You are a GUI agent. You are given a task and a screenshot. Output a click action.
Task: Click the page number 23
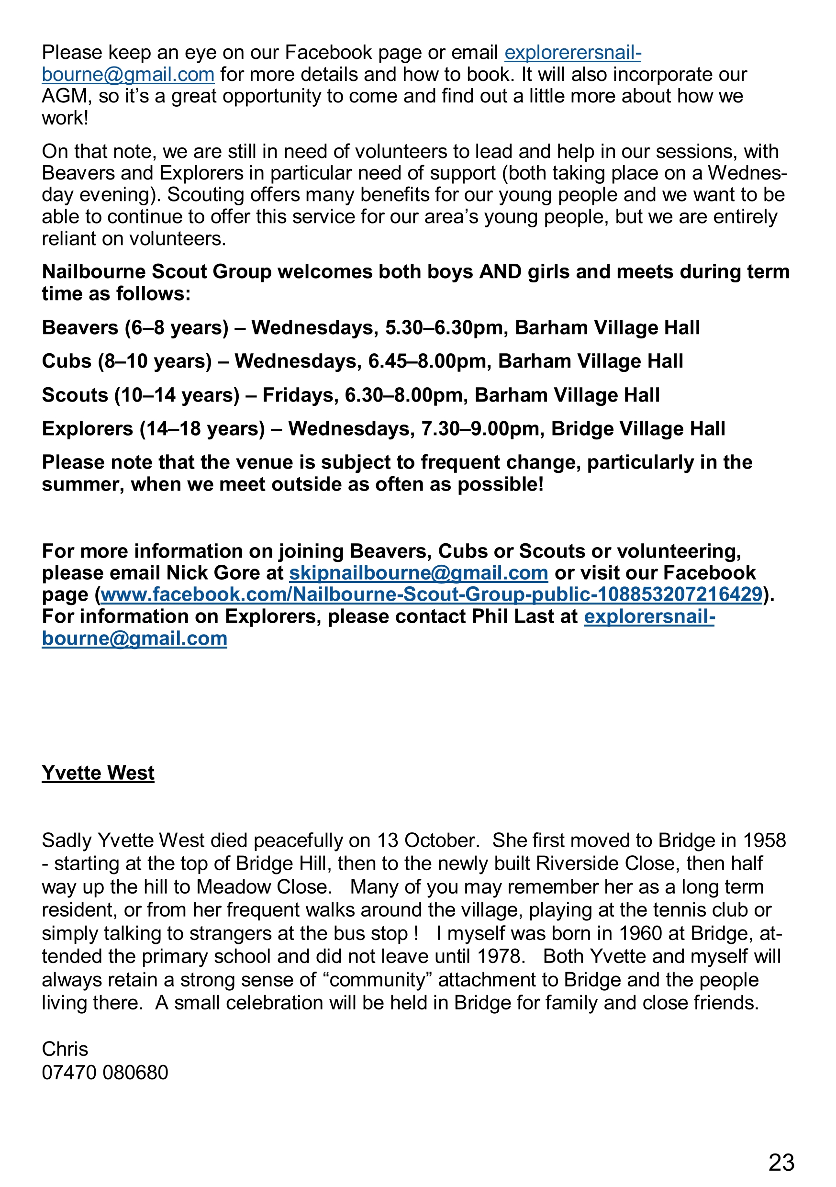click(x=781, y=1162)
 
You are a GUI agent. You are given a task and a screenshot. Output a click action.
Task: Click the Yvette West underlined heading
click(x=98, y=773)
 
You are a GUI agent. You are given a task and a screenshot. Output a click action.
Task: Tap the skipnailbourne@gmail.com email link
click(x=418, y=573)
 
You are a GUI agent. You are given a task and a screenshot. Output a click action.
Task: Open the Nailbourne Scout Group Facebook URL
click(x=431, y=594)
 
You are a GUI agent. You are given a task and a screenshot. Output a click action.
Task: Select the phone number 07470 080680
click(x=105, y=1073)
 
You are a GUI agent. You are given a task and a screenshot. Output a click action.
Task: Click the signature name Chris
click(x=65, y=1049)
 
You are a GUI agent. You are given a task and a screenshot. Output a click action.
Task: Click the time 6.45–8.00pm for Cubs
click(x=429, y=361)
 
